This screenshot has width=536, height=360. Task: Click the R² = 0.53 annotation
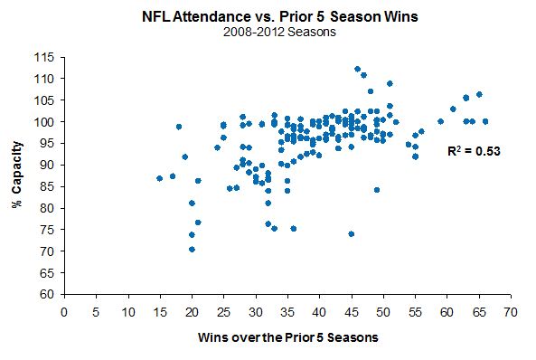click(474, 151)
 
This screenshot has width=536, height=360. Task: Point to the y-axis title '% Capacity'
click(17, 175)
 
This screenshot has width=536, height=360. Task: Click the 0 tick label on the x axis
click(64, 311)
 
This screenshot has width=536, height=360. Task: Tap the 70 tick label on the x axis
click(511, 311)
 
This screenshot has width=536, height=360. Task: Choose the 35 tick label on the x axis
click(287, 311)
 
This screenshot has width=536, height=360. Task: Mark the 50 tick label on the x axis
click(383, 311)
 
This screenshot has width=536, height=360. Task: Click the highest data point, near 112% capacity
click(357, 69)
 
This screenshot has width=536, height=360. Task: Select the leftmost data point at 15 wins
click(159, 178)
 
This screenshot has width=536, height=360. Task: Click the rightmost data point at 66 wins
click(485, 121)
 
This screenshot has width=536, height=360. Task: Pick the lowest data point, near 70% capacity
click(192, 250)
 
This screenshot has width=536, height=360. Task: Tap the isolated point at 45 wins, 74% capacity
click(351, 233)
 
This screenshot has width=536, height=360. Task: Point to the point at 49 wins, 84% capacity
click(376, 190)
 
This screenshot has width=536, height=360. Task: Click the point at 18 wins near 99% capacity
click(179, 127)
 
